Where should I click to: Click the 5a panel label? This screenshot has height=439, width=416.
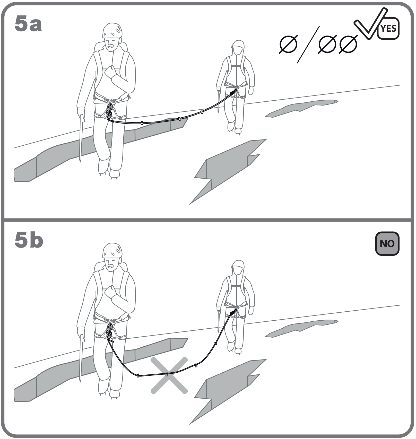pos(28,24)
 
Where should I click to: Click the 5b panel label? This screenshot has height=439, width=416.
pos(29,240)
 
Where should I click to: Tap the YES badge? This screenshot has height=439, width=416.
pos(388,28)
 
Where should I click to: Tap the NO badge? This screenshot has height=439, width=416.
pos(387,244)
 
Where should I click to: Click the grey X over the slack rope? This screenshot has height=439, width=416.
pos(169,375)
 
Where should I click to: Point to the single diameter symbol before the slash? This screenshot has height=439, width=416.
pos(288,45)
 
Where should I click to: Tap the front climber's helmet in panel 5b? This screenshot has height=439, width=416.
pos(112,250)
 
